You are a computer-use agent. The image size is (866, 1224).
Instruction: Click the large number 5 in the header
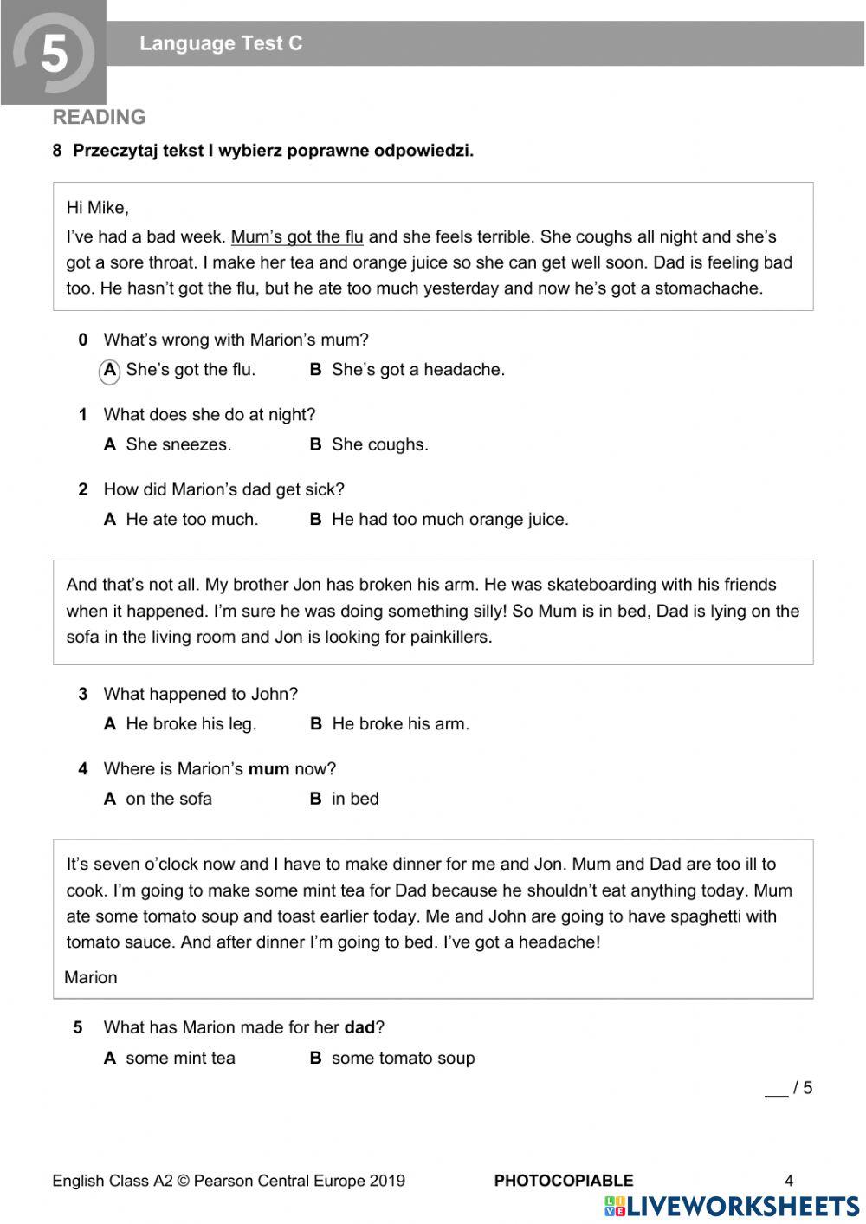pos(54,54)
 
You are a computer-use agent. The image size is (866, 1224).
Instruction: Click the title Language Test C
pos(221,43)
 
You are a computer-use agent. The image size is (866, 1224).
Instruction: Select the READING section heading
pos(99,117)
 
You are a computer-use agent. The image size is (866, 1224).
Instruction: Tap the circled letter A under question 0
pos(110,370)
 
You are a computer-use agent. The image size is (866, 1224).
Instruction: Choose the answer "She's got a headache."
pos(417,370)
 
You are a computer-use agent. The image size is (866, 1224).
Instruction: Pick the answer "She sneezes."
pos(178,444)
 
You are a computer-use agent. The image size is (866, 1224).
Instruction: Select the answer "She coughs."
pos(379,444)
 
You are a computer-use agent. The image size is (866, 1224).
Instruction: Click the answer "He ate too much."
pos(191,520)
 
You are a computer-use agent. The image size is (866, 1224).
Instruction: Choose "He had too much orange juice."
pos(449,520)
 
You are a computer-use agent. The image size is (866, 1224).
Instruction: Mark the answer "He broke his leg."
pos(191,724)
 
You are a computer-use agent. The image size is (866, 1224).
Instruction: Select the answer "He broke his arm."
pos(400,724)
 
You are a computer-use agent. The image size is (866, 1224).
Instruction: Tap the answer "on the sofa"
pos(168,799)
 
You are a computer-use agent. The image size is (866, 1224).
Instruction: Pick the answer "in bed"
pos(355,799)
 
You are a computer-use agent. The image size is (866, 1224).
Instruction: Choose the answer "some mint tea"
pos(180,1058)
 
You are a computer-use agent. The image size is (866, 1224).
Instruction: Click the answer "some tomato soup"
pos(403,1058)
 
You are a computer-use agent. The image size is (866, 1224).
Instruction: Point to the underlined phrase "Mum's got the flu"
pos(297,236)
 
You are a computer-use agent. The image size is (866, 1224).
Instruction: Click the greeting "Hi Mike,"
pos(97,208)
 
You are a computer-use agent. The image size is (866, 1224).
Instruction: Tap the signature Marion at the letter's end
pos(91,977)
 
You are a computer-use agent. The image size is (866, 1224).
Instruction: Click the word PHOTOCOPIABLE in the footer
pos(563,1180)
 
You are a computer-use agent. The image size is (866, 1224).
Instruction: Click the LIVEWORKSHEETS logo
pos(732,1207)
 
